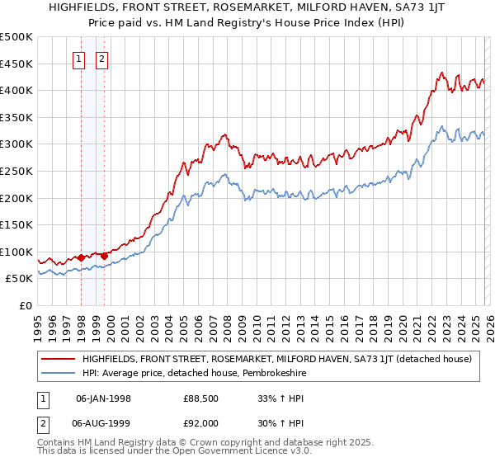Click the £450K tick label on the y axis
point(16,64)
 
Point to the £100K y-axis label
point(16,252)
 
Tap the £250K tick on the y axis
point(16,171)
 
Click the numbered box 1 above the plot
point(80,59)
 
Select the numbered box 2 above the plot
point(102,59)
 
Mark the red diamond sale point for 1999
point(104,256)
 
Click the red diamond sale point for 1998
point(81,257)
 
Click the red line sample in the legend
point(59,359)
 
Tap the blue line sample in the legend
point(59,373)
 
